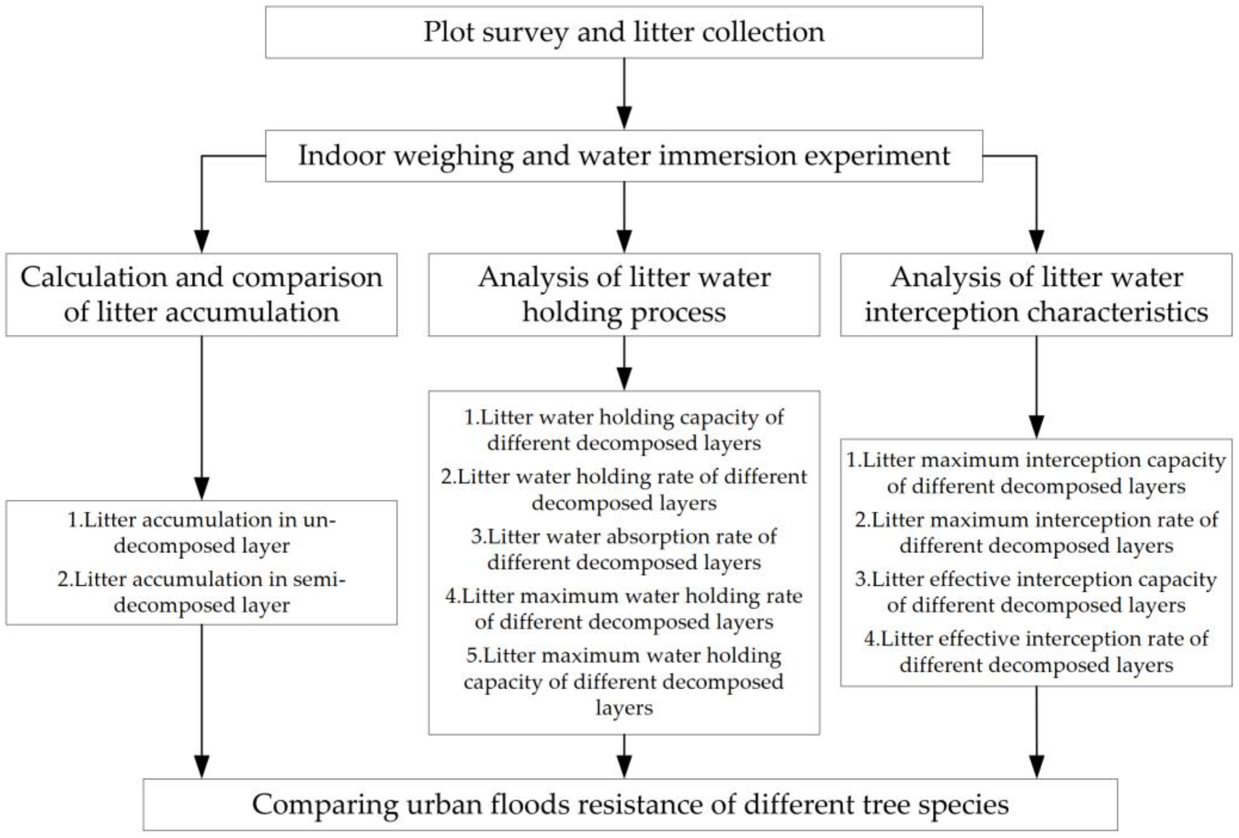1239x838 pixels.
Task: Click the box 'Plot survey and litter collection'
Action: pos(624,32)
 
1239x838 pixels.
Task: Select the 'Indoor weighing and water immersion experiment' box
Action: pos(624,156)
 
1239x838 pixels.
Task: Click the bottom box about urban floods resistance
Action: pos(630,805)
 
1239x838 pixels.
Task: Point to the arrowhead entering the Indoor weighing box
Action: pos(624,118)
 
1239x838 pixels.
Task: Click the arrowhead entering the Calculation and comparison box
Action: pos(202,241)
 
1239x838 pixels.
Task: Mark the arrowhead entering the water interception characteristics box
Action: pos(1036,241)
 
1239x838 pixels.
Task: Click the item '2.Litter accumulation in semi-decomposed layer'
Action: pos(202,592)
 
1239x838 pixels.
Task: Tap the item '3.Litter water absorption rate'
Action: pos(624,549)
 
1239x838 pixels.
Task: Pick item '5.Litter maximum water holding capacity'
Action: pos(624,681)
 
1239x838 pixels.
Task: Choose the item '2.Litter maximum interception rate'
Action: pos(1036,533)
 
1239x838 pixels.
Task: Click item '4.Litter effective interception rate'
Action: pos(1036,652)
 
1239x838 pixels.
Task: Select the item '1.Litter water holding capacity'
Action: pos(624,430)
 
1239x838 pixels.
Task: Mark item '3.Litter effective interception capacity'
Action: pos(1036,592)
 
